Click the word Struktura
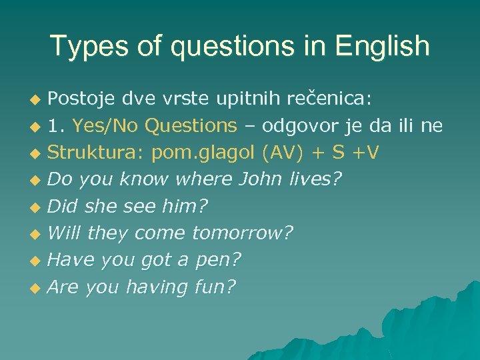(96, 153)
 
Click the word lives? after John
(317, 179)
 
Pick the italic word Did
(63, 207)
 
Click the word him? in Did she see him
(185, 207)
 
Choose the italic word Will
(65, 233)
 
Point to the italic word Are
(63, 287)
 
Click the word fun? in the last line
(215, 287)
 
